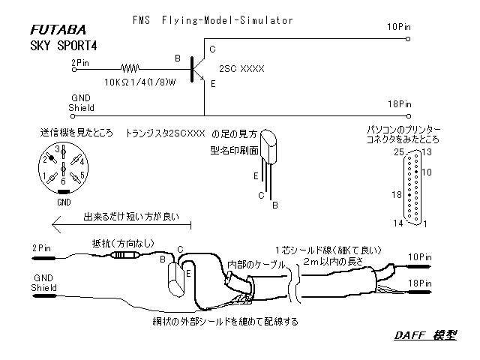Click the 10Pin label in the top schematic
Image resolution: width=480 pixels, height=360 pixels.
coord(399,26)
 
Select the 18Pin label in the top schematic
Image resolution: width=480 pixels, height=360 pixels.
coord(399,103)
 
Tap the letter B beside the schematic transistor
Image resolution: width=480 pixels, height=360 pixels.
coord(177,57)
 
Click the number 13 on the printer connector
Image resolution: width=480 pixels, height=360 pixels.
coord(427,152)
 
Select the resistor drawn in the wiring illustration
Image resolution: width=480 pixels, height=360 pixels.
coord(123,255)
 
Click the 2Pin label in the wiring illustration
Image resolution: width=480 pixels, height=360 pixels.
coord(42,246)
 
